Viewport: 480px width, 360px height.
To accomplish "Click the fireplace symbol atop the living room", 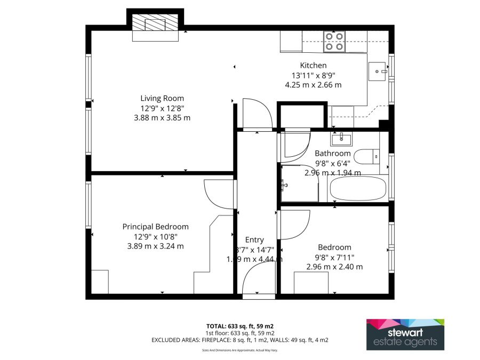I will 155,25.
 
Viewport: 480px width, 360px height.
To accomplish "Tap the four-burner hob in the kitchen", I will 334,42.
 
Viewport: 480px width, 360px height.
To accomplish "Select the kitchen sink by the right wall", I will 379,70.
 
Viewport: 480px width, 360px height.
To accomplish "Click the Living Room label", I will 162,98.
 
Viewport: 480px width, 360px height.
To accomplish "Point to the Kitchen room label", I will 313,66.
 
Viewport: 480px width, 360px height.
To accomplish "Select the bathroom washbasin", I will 341,140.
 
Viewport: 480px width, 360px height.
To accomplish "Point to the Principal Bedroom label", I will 155,227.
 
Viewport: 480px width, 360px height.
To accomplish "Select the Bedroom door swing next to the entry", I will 294,225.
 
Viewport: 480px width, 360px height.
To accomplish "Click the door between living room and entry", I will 257,114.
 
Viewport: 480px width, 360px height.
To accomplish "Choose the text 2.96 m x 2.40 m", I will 334,267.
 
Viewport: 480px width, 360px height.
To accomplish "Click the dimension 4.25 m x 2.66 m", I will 313,84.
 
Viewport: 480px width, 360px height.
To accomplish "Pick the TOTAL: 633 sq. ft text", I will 239,326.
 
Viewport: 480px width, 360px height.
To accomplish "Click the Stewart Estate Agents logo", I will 405,334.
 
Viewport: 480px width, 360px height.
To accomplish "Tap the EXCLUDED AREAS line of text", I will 239,340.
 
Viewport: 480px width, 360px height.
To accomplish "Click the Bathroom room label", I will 332,154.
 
